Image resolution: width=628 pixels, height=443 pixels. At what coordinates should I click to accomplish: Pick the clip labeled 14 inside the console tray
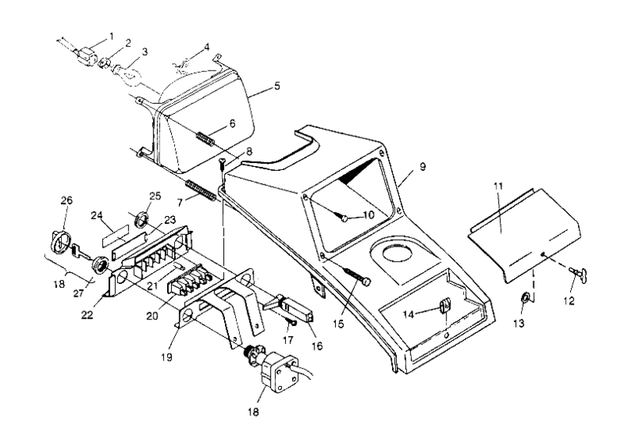(x=445, y=305)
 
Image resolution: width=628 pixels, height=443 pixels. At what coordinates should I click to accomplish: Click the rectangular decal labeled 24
(x=115, y=236)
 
